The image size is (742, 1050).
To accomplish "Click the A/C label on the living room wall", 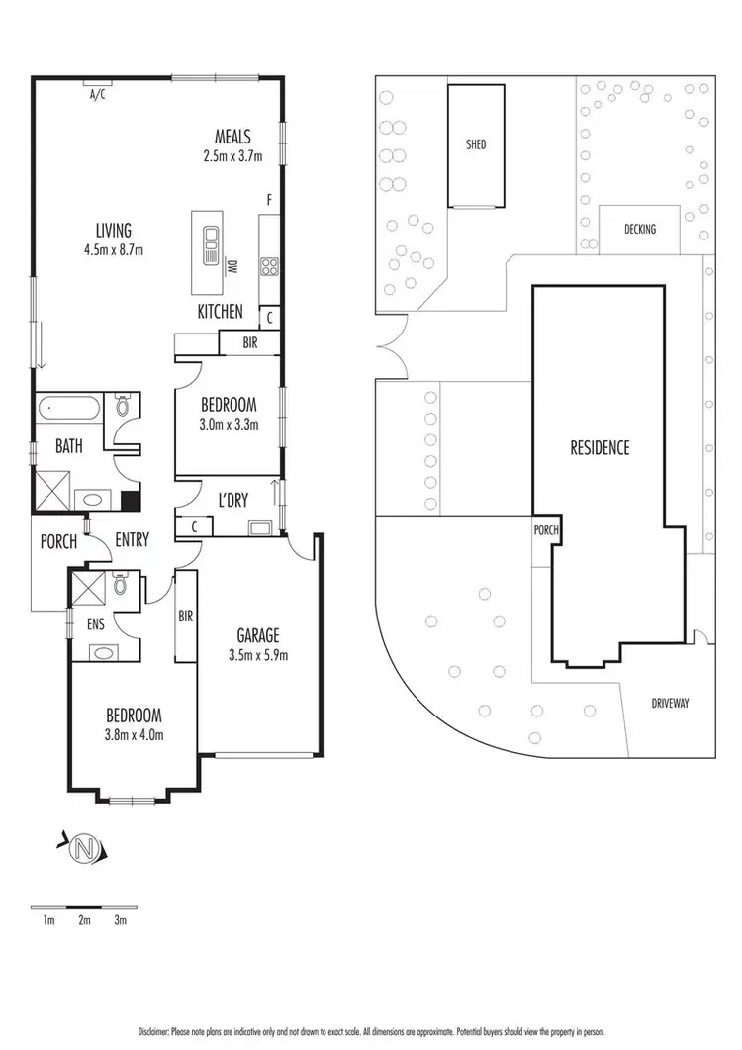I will (x=97, y=95).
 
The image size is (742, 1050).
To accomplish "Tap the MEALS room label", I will (x=233, y=137).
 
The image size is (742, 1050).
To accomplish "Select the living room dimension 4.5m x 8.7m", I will (x=115, y=249).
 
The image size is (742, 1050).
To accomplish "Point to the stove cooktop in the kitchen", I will (x=268, y=265).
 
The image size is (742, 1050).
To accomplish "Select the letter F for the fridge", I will (x=268, y=200).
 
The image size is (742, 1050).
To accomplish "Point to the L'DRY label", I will (x=233, y=501).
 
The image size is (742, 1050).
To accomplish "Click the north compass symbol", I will (x=87, y=847).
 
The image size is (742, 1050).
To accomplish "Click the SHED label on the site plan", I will (x=476, y=144).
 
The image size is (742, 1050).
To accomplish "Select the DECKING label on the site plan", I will (x=639, y=229).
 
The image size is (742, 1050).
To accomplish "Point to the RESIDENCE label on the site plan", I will (x=600, y=448).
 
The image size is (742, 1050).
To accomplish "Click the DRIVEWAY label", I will (x=670, y=704).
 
